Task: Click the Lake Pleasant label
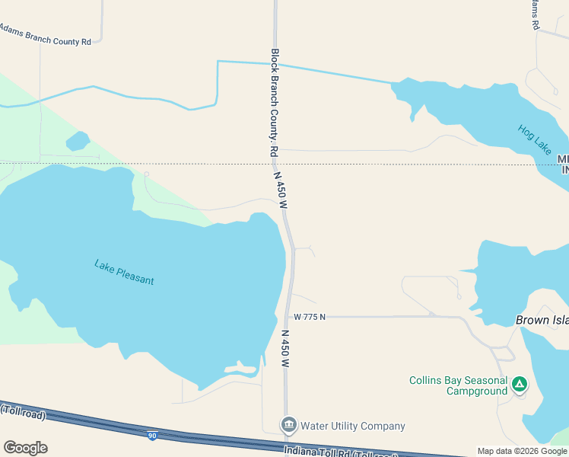124,273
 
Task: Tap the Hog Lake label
534,140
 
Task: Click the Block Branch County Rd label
275,103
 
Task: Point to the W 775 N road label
310,317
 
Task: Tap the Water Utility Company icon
288,425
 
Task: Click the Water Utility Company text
353,427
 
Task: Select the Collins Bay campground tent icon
520,384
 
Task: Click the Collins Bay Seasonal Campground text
458,385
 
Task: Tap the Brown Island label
542,321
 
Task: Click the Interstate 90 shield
153,436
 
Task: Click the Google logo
25,448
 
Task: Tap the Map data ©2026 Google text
523,451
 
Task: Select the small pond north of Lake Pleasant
78,141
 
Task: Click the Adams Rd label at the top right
536,15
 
